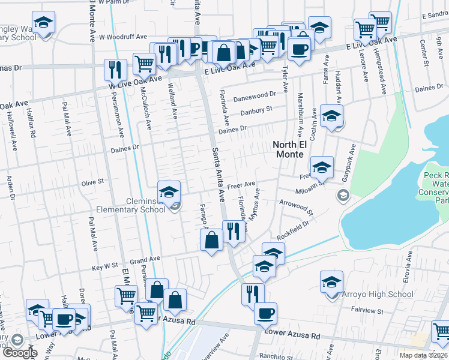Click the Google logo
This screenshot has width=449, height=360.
click(x=20, y=352)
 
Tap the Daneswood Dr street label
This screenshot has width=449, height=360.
click(x=255, y=95)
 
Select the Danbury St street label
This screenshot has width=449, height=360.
click(x=256, y=110)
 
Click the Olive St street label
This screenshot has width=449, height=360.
click(x=92, y=181)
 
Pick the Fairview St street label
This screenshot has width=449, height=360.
click(x=367, y=311)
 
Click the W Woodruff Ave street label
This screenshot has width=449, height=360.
click(x=123, y=37)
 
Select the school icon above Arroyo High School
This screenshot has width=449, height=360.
click(x=331, y=281)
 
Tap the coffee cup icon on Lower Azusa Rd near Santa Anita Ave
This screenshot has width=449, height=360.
click(x=265, y=313)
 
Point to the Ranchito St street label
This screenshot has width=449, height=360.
click(x=276, y=355)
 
